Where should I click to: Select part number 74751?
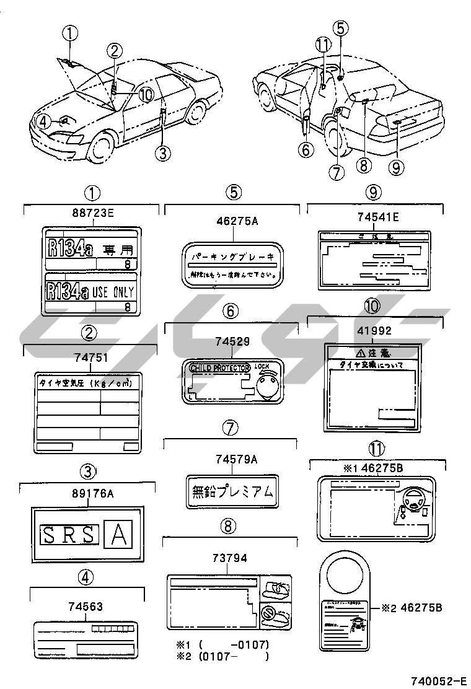(x=90, y=358)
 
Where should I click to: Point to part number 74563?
(x=86, y=607)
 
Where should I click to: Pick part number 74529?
(x=231, y=341)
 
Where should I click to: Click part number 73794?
(x=229, y=558)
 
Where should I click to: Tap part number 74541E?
(x=378, y=217)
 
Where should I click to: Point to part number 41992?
(x=377, y=331)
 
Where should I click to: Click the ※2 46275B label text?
(x=412, y=608)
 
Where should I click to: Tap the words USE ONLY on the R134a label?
(x=113, y=292)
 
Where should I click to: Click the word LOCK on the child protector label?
(x=263, y=367)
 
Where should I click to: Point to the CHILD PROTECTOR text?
(x=219, y=368)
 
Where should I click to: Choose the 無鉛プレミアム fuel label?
(x=230, y=491)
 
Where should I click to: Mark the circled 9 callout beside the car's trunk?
(x=397, y=149)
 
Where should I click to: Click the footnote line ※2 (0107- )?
(x=223, y=657)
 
